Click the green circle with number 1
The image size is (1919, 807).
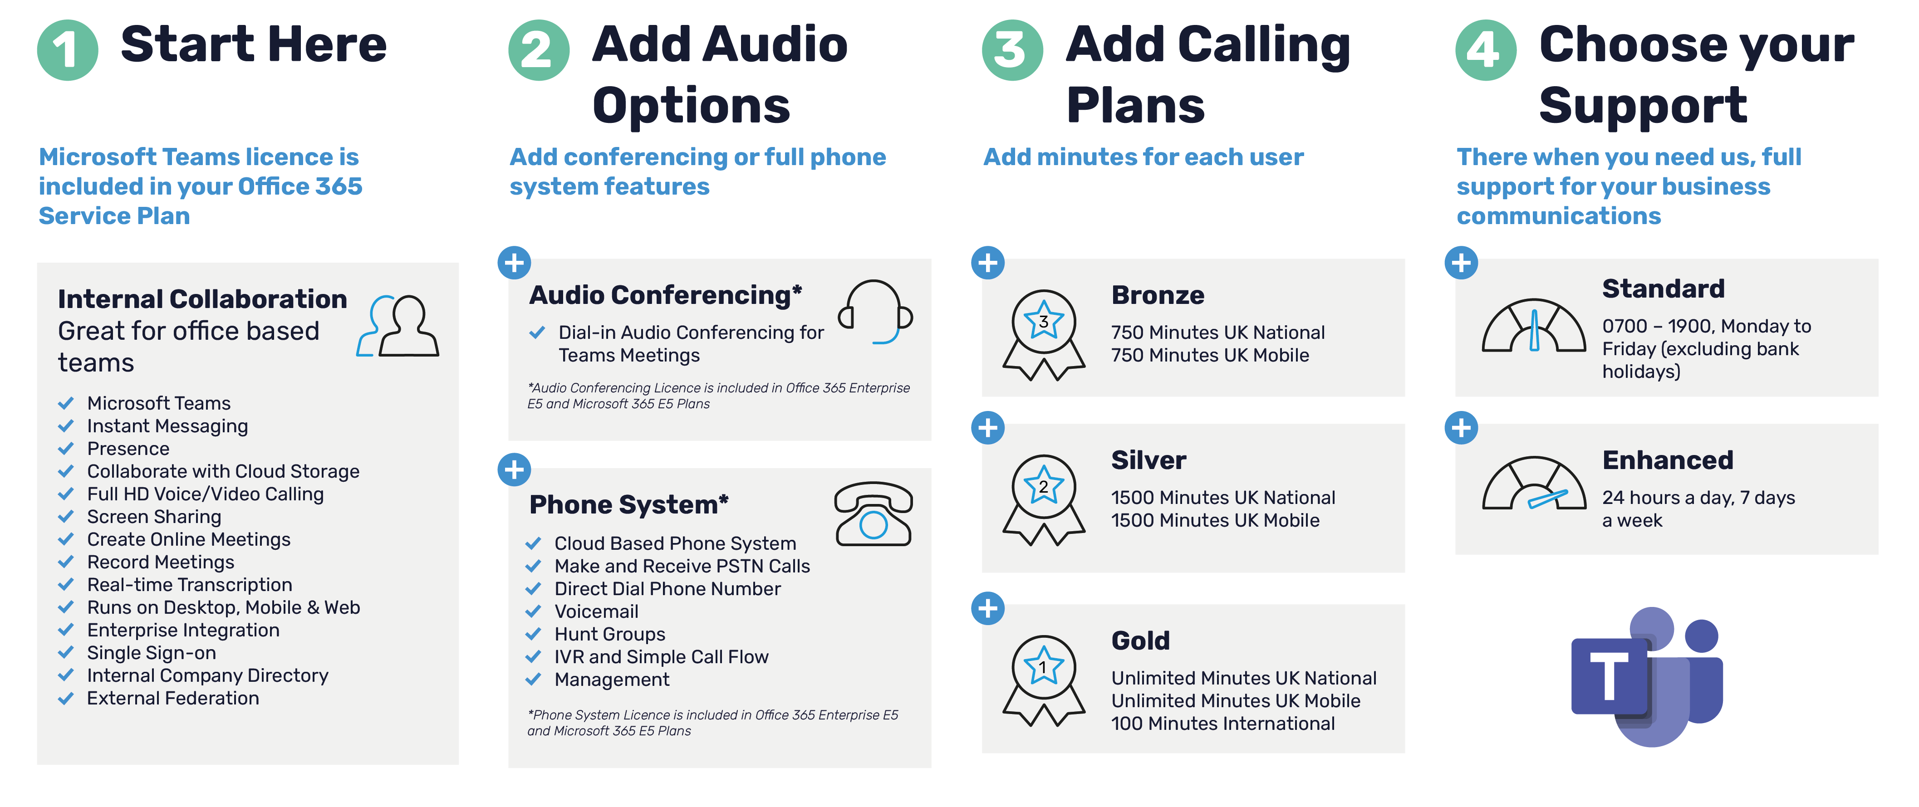coord(67,50)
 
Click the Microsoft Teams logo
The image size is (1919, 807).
coord(1647,676)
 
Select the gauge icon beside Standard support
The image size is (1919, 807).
coord(1534,325)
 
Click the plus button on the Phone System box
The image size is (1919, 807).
coord(514,470)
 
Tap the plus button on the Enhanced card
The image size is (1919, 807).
coord(1461,428)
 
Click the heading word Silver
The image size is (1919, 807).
coord(1148,460)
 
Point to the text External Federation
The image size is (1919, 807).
coord(173,698)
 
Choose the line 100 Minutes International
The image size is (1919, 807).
coord(1222,724)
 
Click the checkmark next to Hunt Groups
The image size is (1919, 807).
coord(533,634)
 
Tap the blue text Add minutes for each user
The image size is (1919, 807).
coord(1144,157)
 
